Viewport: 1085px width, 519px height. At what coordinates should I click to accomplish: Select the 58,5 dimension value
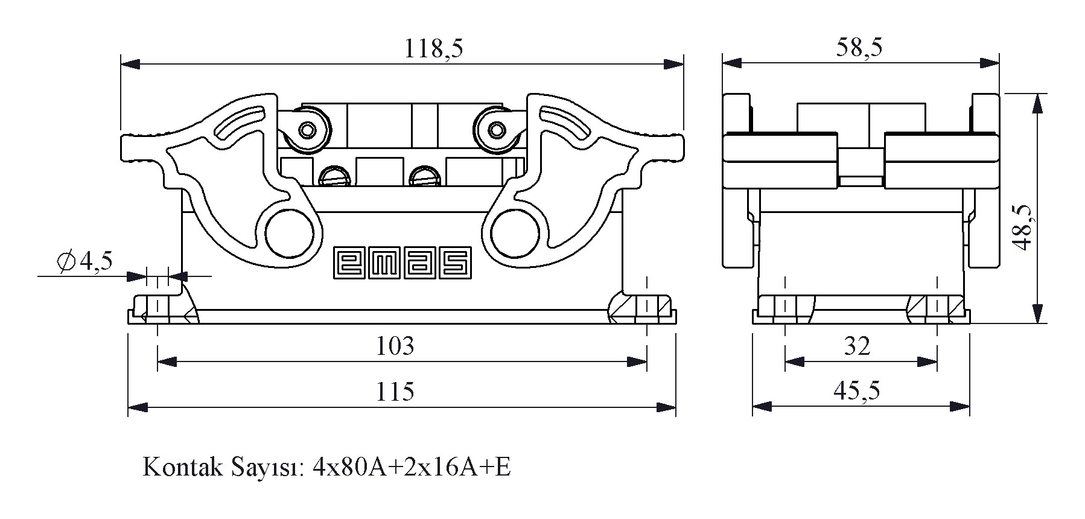click(x=859, y=47)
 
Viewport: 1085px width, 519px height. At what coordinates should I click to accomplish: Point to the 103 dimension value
click(x=395, y=346)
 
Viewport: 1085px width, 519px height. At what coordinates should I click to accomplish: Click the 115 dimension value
click(x=395, y=392)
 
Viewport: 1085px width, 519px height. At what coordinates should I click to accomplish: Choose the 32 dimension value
click(x=857, y=346)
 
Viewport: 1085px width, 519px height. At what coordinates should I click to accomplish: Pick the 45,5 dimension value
click(x=857, y=391)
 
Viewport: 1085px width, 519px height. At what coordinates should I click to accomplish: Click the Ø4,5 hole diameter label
click(x=84, y=261)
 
